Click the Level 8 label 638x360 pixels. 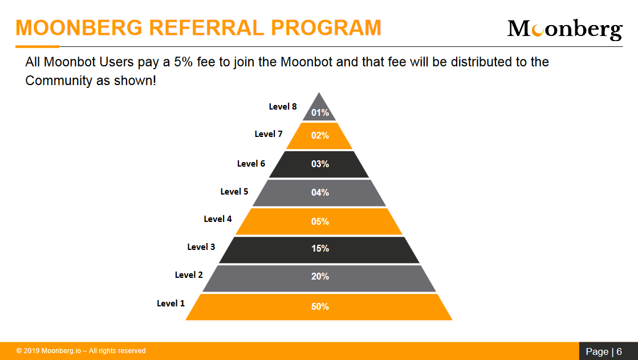click(283, 107)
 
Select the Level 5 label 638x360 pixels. click(234, 191)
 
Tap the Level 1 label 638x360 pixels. click(171, 304)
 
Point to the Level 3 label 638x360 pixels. click(201, 247)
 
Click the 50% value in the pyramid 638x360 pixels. click(320, 306)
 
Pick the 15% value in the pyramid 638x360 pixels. click(320, 248)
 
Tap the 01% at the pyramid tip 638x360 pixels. click(320, 113)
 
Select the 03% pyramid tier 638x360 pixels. click(319, 164)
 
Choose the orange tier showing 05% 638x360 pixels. click(319, 221)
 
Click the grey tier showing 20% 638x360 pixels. click(319, 278)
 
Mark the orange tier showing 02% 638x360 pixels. click(319, 136)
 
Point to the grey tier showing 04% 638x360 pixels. click(319, 193)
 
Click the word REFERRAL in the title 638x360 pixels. click(206, 28)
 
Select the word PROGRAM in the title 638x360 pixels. click(326, 28)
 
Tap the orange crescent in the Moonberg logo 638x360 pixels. click(538, 30)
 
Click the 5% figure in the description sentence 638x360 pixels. click(183, 62)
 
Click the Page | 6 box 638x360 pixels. click(608, 351)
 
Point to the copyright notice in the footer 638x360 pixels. click(81, 351)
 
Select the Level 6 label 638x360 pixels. click(251, 164)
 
